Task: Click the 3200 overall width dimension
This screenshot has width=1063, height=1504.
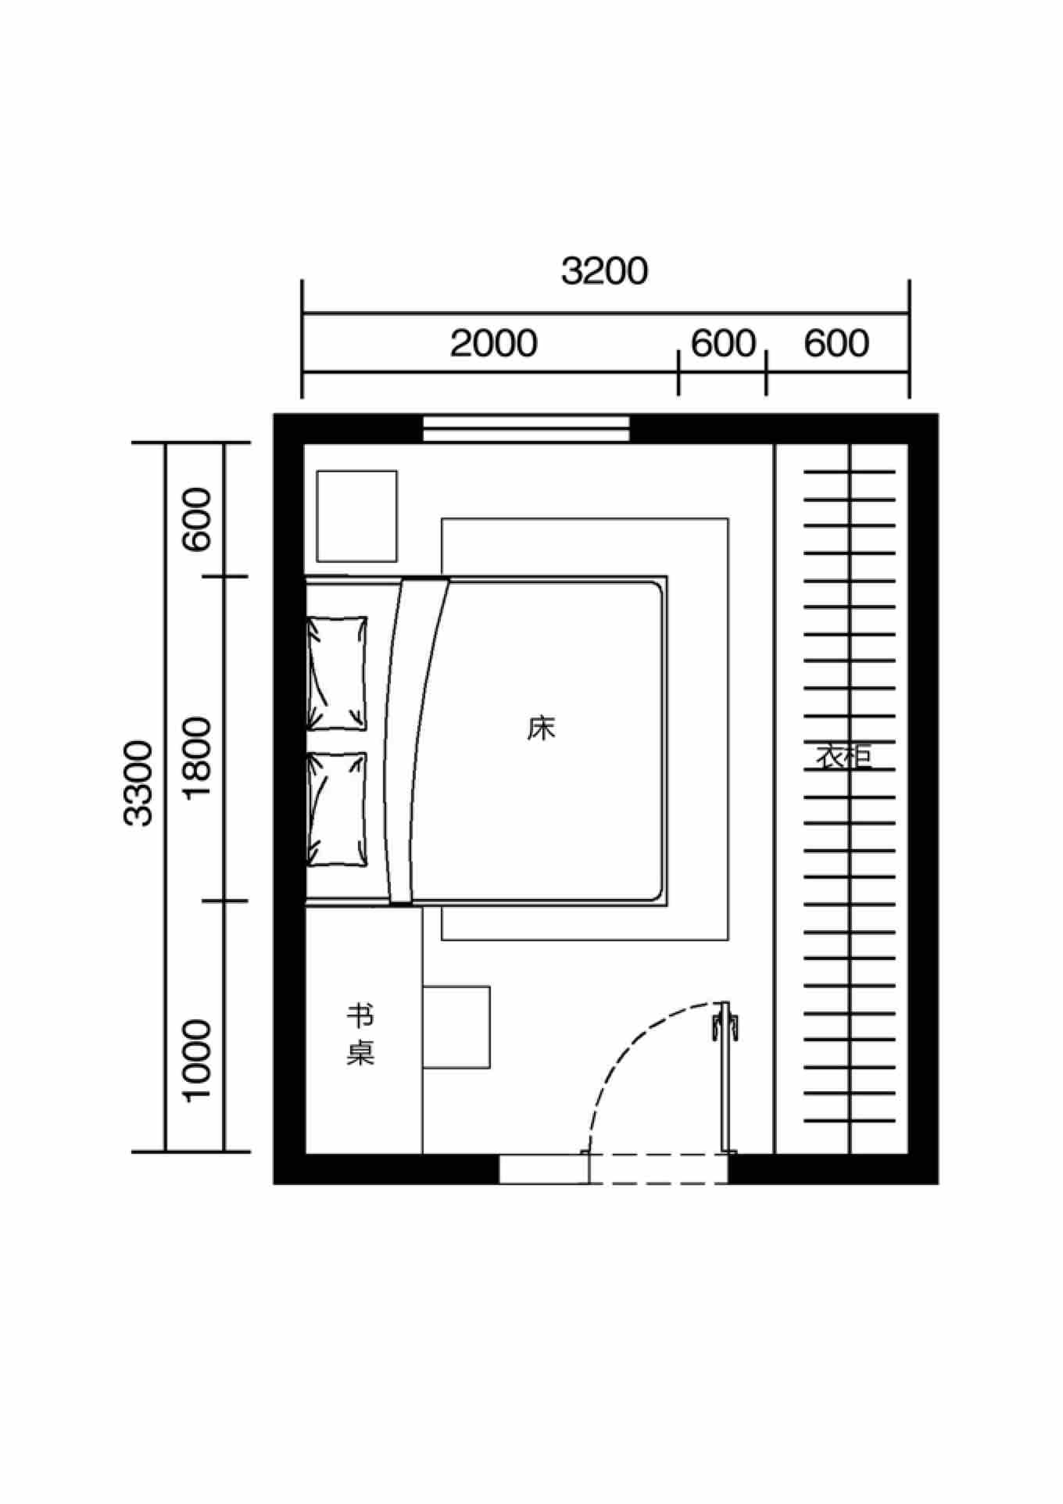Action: coord(604,271)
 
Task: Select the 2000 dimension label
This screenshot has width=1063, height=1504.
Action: coord(493,343)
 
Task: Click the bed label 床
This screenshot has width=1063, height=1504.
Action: coord(541,729)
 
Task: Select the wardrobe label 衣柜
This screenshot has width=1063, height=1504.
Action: coord(844,756)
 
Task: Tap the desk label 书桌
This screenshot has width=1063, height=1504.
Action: coord(360,1035)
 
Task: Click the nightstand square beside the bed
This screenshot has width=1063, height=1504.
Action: coord(356,516)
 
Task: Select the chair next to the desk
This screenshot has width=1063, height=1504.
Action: coord(456,1027)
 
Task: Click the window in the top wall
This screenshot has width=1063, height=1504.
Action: coord(526,428)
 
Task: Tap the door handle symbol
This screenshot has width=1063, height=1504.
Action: coord(725,1022)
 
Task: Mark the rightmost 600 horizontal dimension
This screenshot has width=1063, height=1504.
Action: coord(836,343)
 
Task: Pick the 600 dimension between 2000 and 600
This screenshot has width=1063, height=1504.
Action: coord(723,343)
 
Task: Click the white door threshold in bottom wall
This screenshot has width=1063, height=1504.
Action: coord(544,1169)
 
